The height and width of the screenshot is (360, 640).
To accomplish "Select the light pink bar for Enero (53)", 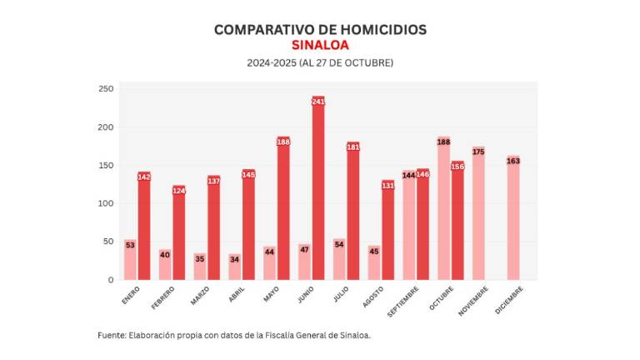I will pyautogui.click(x=130, y=260).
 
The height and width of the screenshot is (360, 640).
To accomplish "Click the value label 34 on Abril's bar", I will pyautogui.click(x=235, y=258).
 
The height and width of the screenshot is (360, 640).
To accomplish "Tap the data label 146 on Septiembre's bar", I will pyautogui.click(x=422, y=175).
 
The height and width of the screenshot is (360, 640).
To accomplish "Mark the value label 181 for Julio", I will pyautogui.click(x=352, y=147).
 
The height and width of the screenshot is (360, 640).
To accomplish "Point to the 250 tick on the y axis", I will pyautogui.click(x=106, y=89).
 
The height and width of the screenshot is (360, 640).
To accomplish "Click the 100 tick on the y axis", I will pyautogui.click(x=106, y=203).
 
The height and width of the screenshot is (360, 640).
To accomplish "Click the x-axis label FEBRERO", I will pyautogui.click(x=163, y=297).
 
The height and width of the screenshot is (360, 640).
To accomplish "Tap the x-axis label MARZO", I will pyautogui.click(x=200, y=296).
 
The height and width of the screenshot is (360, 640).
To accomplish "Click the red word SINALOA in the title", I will pyautogui.click(x=320, y=45).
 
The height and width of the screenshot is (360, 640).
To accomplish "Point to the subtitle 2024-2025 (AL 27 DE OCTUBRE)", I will pyautogui.click(x=320, y=62).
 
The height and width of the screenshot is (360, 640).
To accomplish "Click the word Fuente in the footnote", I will pyautogui.click(x=111, y=335).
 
